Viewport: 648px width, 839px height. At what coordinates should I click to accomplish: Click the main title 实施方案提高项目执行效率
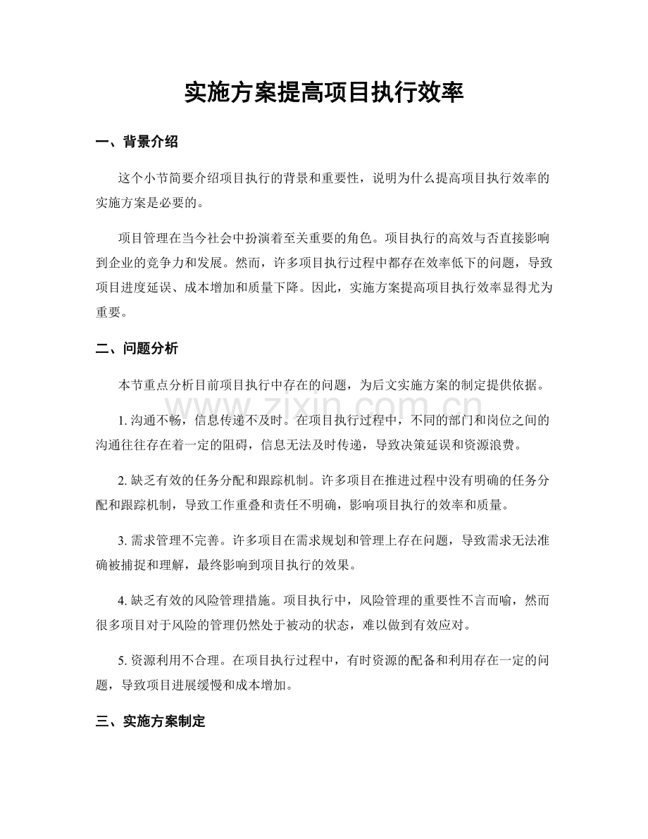coord(323,92)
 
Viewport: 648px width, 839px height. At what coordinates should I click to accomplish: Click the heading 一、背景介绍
coord(137,142)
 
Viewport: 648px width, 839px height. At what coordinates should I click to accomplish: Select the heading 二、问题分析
coord(137,347)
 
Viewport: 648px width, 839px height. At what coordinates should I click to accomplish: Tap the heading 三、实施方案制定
coord(150,721)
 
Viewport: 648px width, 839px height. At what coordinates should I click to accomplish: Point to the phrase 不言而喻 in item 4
coord(474,603)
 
